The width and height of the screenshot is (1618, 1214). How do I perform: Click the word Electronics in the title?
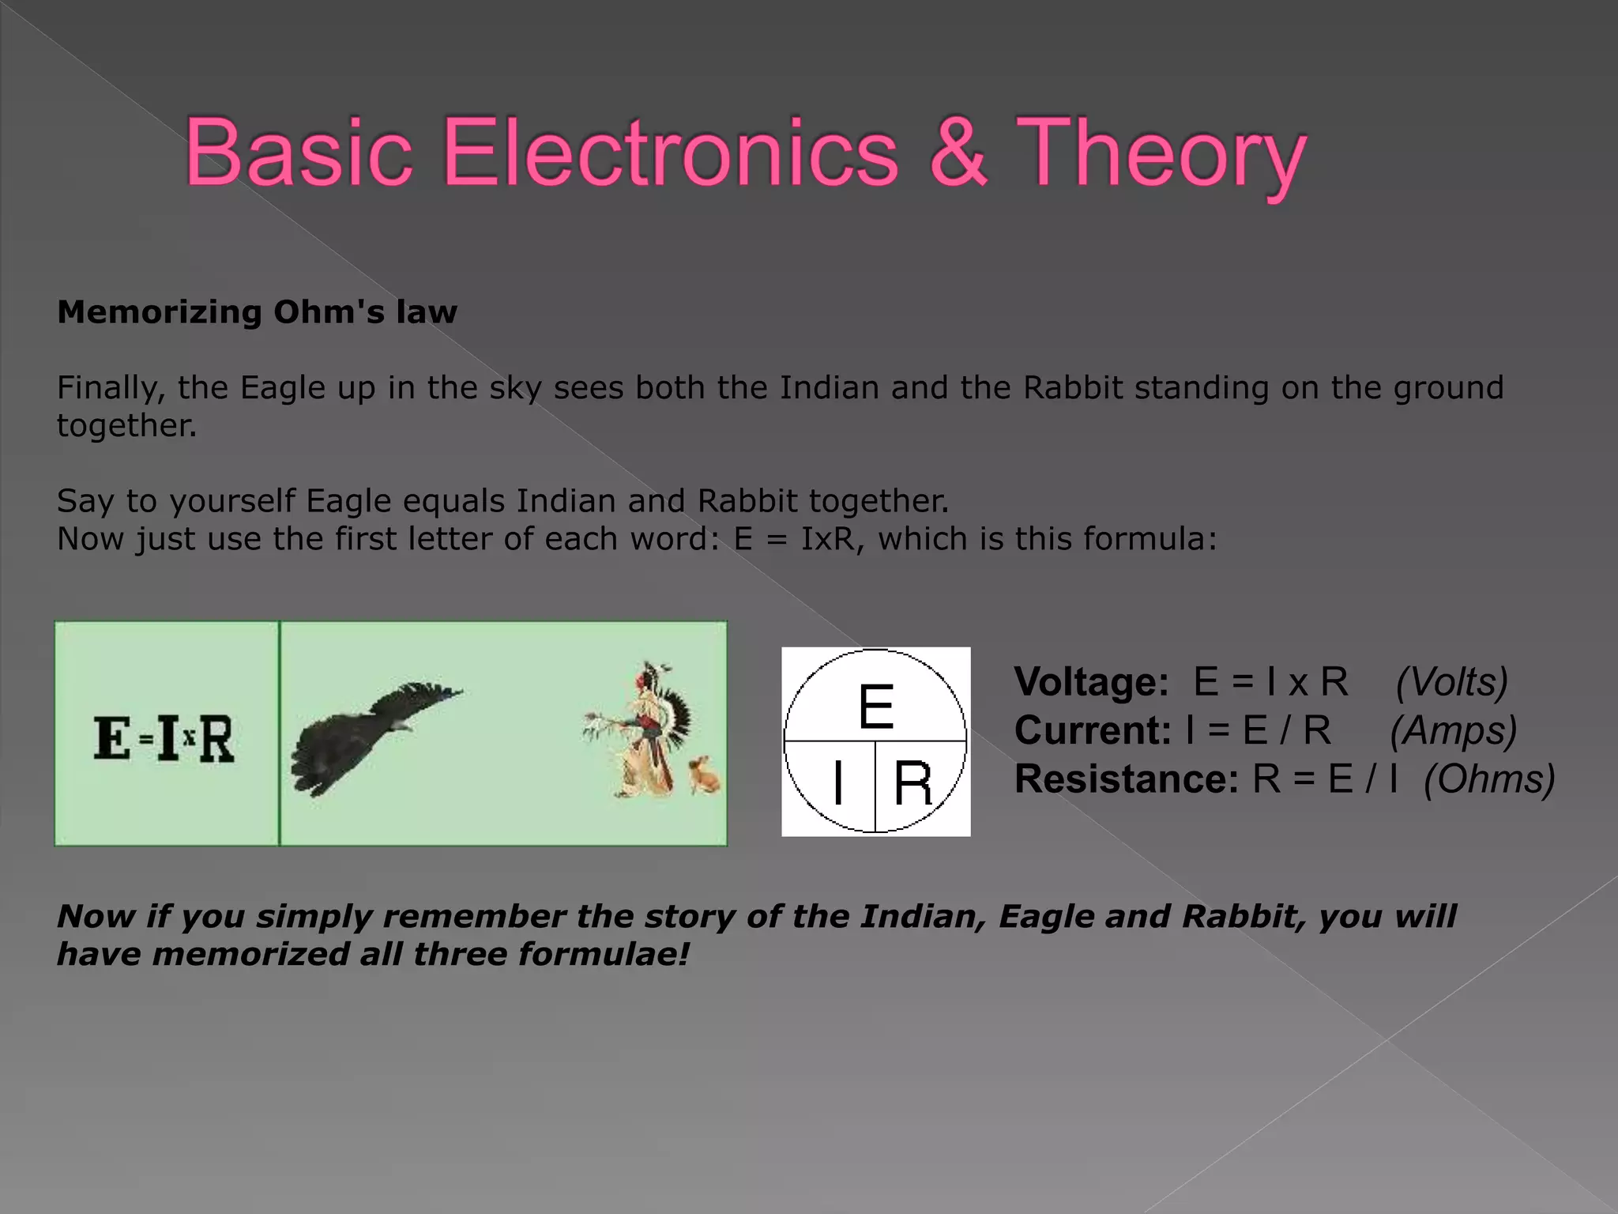[x=670, y=152]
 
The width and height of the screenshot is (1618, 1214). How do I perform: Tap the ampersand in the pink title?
[x=958, y=152]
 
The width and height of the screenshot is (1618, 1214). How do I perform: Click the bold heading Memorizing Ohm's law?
[x=257, y=312]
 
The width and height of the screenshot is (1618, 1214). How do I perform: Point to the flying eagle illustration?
[x=371, y=735]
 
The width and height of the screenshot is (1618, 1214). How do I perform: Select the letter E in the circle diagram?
[x=875, y=707]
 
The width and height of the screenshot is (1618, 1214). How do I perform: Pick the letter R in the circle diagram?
[x=912, y=783]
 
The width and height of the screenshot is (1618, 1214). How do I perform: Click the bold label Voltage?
[x=1091, y=682]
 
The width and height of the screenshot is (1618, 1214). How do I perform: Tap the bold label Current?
[x=1093, y=730]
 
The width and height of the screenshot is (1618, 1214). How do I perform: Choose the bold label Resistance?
[x=1127, y=779]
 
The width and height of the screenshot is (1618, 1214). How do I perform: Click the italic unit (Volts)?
[x=1452, y=682]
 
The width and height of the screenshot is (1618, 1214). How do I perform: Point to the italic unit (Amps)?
[x=1454, y=730]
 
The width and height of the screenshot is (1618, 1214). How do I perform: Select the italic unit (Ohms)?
[x=1489, y=779]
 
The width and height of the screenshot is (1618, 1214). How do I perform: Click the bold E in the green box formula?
[x=112, y=738]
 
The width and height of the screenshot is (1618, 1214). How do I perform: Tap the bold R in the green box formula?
[x=216, y=739]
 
